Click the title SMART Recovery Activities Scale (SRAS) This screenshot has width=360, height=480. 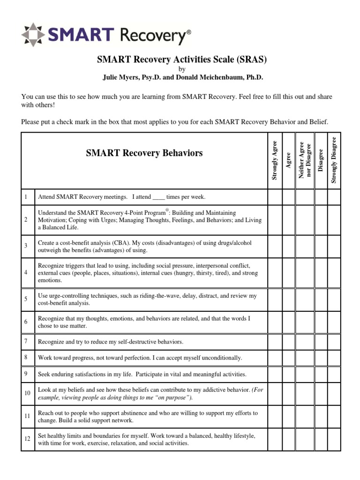pyautogui.click(x=181, y=60)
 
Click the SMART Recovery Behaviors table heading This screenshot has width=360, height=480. pyautogui.click(x=144, y=153)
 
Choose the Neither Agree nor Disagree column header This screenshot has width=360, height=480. pyautogui.click(x=305, y=159)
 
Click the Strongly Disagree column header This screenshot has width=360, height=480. pyautogui.click(x=334, y=159)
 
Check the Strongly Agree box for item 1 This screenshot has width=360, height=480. pyautogui.click(x=275, y=197)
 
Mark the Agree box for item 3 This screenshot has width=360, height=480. pyautogui.click(x=289, y=246)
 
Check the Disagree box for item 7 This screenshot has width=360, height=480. pyautogui.click(x=321, y=342)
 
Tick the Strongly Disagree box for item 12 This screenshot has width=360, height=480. pyautogui.click(x=334, y=439)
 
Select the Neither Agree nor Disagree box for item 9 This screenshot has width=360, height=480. pyautogui.click(x=305, y=374)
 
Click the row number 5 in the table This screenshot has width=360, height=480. pyautogui.click(x=26, y=299)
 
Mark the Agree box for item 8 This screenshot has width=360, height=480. pyautogui.click(x=289, y=358)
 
